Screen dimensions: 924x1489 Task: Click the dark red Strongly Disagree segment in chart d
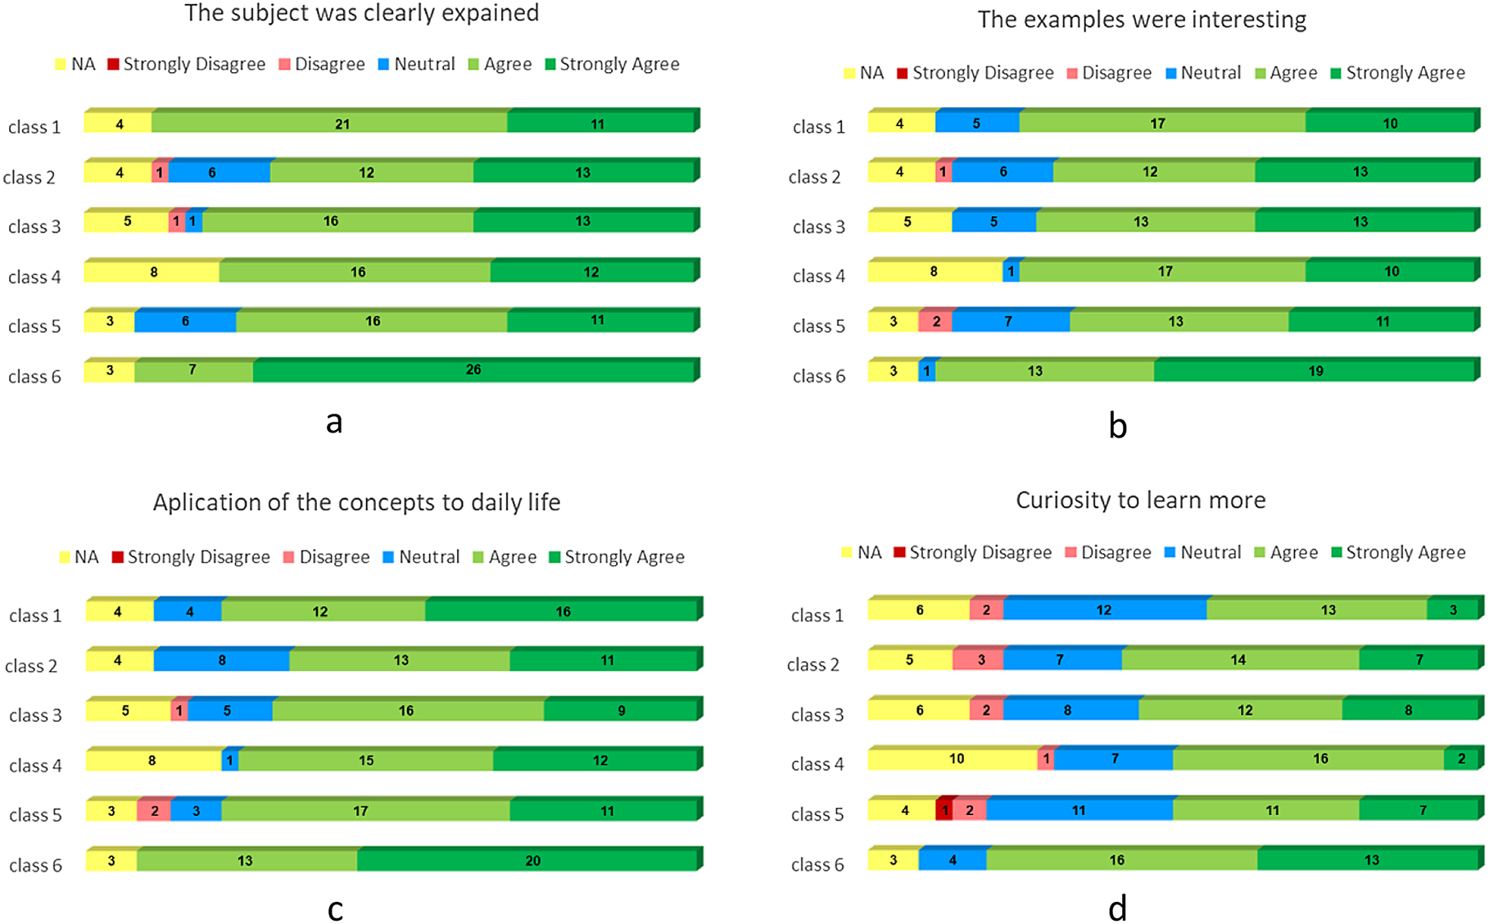[944, 810]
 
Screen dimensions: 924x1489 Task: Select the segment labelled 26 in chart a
[473, 370]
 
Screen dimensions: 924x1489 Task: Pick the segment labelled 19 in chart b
[1315, 371]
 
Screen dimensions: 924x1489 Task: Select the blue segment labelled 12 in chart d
[1104, 610]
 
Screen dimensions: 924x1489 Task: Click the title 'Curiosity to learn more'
[1140, 500]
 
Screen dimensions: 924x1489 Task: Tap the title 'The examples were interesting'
[1142, 20]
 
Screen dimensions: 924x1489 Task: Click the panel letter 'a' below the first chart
[333, 422]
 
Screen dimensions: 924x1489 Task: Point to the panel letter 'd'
[1117, 908]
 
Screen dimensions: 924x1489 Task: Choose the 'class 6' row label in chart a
[34, 377]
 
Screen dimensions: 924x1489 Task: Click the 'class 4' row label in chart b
[818, 276]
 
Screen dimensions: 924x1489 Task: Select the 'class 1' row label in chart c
[35, 616]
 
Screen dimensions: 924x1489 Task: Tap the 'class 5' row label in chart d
[817, 814]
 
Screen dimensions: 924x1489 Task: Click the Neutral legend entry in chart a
[416, 65]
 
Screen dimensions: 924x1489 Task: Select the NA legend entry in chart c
[79, 557]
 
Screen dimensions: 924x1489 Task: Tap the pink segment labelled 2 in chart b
[935, 322]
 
